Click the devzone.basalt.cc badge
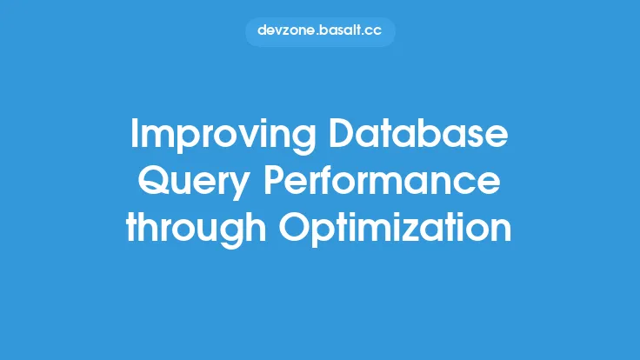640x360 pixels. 320,30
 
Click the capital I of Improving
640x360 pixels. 135,135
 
